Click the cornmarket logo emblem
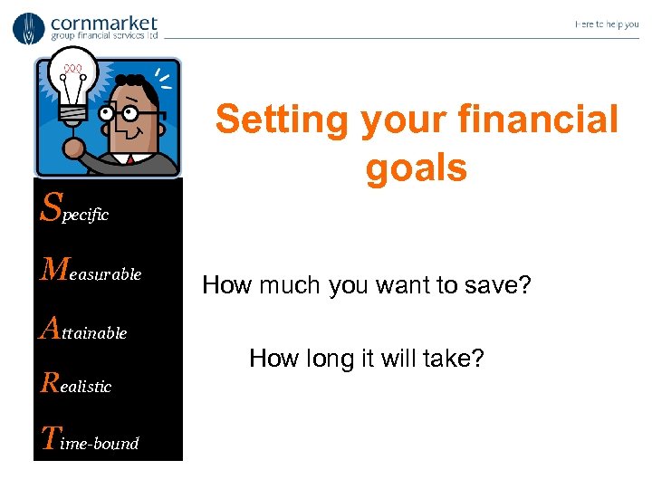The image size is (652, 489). [28, 28]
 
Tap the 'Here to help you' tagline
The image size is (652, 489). [606, 24]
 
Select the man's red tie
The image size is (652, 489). [130, 160]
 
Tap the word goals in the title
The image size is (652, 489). [417, 168]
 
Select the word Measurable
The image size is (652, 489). [91, 271]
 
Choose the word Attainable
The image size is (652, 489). [84, 330]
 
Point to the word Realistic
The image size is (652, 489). [77, 384]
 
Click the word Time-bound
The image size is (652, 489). [90, 441]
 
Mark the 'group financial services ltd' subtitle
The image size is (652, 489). [104, 36]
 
